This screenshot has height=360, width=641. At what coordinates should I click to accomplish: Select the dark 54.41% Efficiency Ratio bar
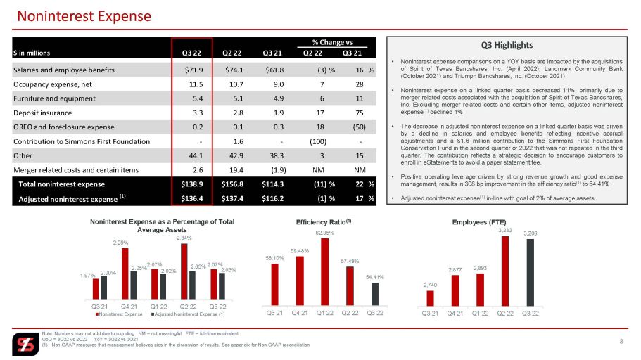(x=374, y=294)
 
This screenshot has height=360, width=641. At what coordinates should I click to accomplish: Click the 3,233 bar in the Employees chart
(x=505, y=271)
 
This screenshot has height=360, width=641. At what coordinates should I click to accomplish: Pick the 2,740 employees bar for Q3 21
(x=430, y=298)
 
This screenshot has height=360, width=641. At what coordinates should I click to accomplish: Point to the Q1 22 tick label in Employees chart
(x=480, y=314)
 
